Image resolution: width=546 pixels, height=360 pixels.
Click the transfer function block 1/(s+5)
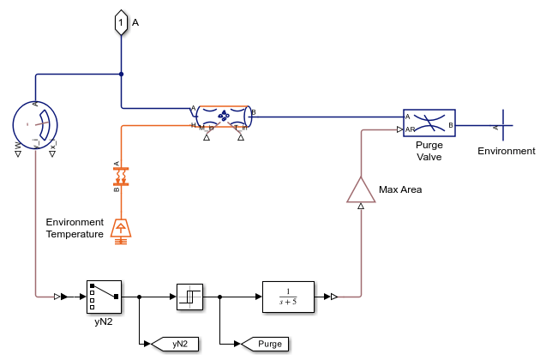tap(288, 297)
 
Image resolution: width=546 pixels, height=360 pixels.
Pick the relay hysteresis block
tap(189, 297)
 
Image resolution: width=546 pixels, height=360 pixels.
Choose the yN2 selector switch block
tap(104, 297)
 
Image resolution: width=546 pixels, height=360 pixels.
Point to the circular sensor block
tap(35, 125)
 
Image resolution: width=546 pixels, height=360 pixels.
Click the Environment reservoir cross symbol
tap(501, 125)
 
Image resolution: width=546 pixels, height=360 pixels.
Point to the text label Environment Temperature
tap(75, 228)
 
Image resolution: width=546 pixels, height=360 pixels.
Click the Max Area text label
tap(400, 189)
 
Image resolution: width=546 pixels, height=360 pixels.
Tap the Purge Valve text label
tap(429, 151)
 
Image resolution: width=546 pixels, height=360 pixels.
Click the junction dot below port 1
tap(122, 74)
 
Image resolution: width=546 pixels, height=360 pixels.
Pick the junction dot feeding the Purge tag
tap(221, 297)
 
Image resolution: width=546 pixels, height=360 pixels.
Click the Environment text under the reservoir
tap(507, 151)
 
